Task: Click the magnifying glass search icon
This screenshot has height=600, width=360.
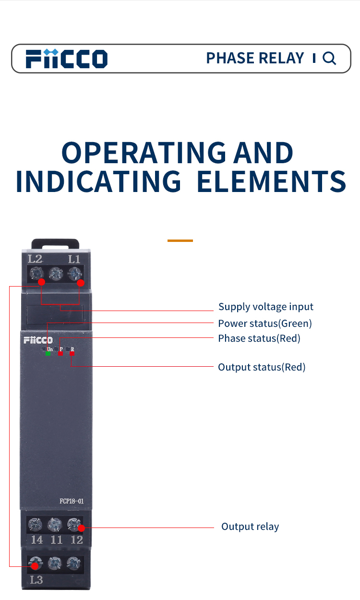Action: [329, 59]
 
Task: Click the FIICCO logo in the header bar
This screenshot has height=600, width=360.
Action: [66, 59]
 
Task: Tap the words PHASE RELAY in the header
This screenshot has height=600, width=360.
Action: [255, 58]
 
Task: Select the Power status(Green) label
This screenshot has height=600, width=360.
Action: [265, 324]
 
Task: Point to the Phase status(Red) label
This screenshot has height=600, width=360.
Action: [259, 338]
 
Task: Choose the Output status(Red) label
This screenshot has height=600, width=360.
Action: [262, 367]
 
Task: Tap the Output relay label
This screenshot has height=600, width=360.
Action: [250, 527]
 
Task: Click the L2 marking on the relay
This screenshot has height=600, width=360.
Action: [35, 259]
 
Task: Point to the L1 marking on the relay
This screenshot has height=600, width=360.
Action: [74, 259]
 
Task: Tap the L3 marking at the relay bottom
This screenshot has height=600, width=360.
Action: [36, 580]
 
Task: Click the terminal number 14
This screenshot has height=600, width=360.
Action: [37, 540]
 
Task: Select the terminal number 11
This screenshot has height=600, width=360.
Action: [57, 540]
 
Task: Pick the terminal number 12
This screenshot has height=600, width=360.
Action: [77, 540]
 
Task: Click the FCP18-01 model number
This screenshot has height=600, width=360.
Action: [72, 501]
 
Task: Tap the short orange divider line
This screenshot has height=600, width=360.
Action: [180, 240]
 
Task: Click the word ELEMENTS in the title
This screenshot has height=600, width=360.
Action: [272, 182]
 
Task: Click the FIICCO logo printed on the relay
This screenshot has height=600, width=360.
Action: [38, 340]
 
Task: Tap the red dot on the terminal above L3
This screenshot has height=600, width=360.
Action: [35, 566]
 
